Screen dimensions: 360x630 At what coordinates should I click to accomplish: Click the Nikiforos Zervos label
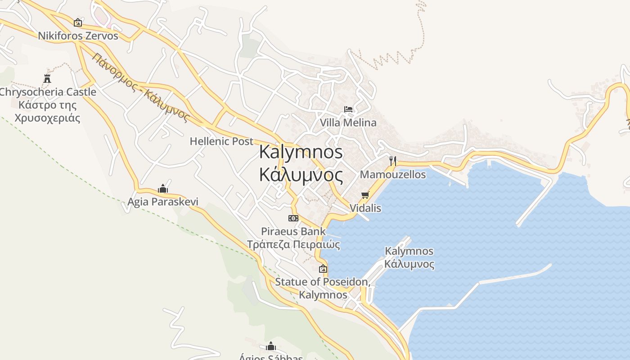point(78,36)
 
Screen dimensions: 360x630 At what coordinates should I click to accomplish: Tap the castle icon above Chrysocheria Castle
point(47,79)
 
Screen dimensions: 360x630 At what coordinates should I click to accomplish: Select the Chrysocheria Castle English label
point(48,92)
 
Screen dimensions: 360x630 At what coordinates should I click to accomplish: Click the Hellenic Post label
point(221,141)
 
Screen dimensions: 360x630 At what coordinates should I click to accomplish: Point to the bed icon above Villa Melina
point(348,109)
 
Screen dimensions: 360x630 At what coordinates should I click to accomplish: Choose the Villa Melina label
point(348,122)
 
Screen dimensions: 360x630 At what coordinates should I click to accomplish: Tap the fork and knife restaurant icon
point(392,161)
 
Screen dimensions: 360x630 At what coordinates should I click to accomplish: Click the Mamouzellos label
point(392,175)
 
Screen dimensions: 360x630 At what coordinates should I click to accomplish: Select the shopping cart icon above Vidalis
point(365,195)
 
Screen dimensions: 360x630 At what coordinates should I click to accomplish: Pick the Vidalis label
point(365,208)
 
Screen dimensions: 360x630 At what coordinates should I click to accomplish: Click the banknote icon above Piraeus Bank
point(293,218)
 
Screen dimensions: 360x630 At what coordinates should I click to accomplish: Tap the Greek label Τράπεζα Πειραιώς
point(293,245)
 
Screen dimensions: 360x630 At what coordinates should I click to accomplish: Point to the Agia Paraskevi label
point(163,202)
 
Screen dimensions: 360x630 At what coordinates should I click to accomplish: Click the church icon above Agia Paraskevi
point(163,189)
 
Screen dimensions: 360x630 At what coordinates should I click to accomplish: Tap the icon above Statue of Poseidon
point(323,269)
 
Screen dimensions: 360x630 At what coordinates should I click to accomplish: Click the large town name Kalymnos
point(301,152)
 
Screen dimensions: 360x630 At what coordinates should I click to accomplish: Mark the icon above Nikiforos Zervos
point(78,22)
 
